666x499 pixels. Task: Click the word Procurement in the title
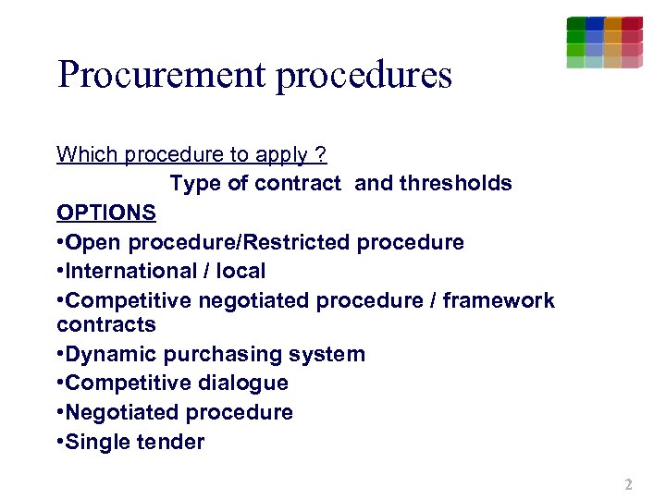click(x=162, y=75)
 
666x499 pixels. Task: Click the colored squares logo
click(x=604, y=43)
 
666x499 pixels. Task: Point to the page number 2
click(x=628, y=484)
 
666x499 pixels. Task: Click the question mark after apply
click(x=321, y=153)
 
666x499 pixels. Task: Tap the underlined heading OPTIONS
click(x=105, y=213)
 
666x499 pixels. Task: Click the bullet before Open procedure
click(x=60, y=242)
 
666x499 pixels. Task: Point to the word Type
click(x=195, y=183)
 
